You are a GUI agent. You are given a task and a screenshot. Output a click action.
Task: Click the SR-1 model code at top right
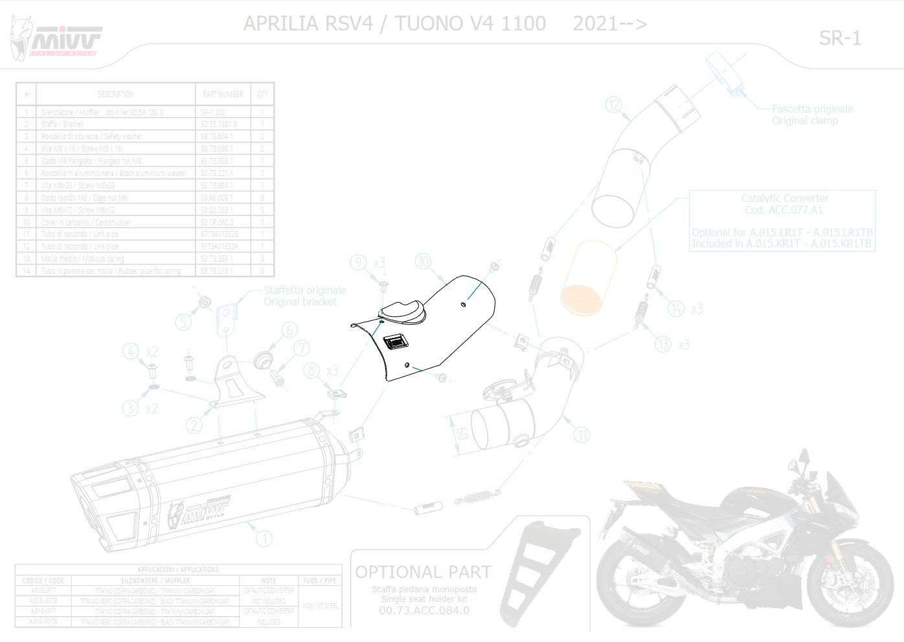point(840,38)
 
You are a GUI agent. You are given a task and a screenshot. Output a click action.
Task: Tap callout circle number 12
point(614,104)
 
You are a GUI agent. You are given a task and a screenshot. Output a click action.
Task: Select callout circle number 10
point(423,261)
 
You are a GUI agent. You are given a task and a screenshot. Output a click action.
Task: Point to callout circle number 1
point(264,537)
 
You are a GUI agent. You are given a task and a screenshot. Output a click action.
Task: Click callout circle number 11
point(583,434)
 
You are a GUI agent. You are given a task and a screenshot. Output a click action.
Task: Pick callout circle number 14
point(676,309)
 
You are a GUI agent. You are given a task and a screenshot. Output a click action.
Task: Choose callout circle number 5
point(183,322)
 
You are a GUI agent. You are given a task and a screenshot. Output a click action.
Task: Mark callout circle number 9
point(359,262)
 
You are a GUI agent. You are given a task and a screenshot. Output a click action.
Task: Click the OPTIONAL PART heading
point(423,572)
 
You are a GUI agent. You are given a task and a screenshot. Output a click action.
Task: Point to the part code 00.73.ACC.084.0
point(424,610)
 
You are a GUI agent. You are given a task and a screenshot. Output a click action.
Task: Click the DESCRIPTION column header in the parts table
point(115,94)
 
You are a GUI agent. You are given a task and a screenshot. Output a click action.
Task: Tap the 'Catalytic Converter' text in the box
point(784,198)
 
